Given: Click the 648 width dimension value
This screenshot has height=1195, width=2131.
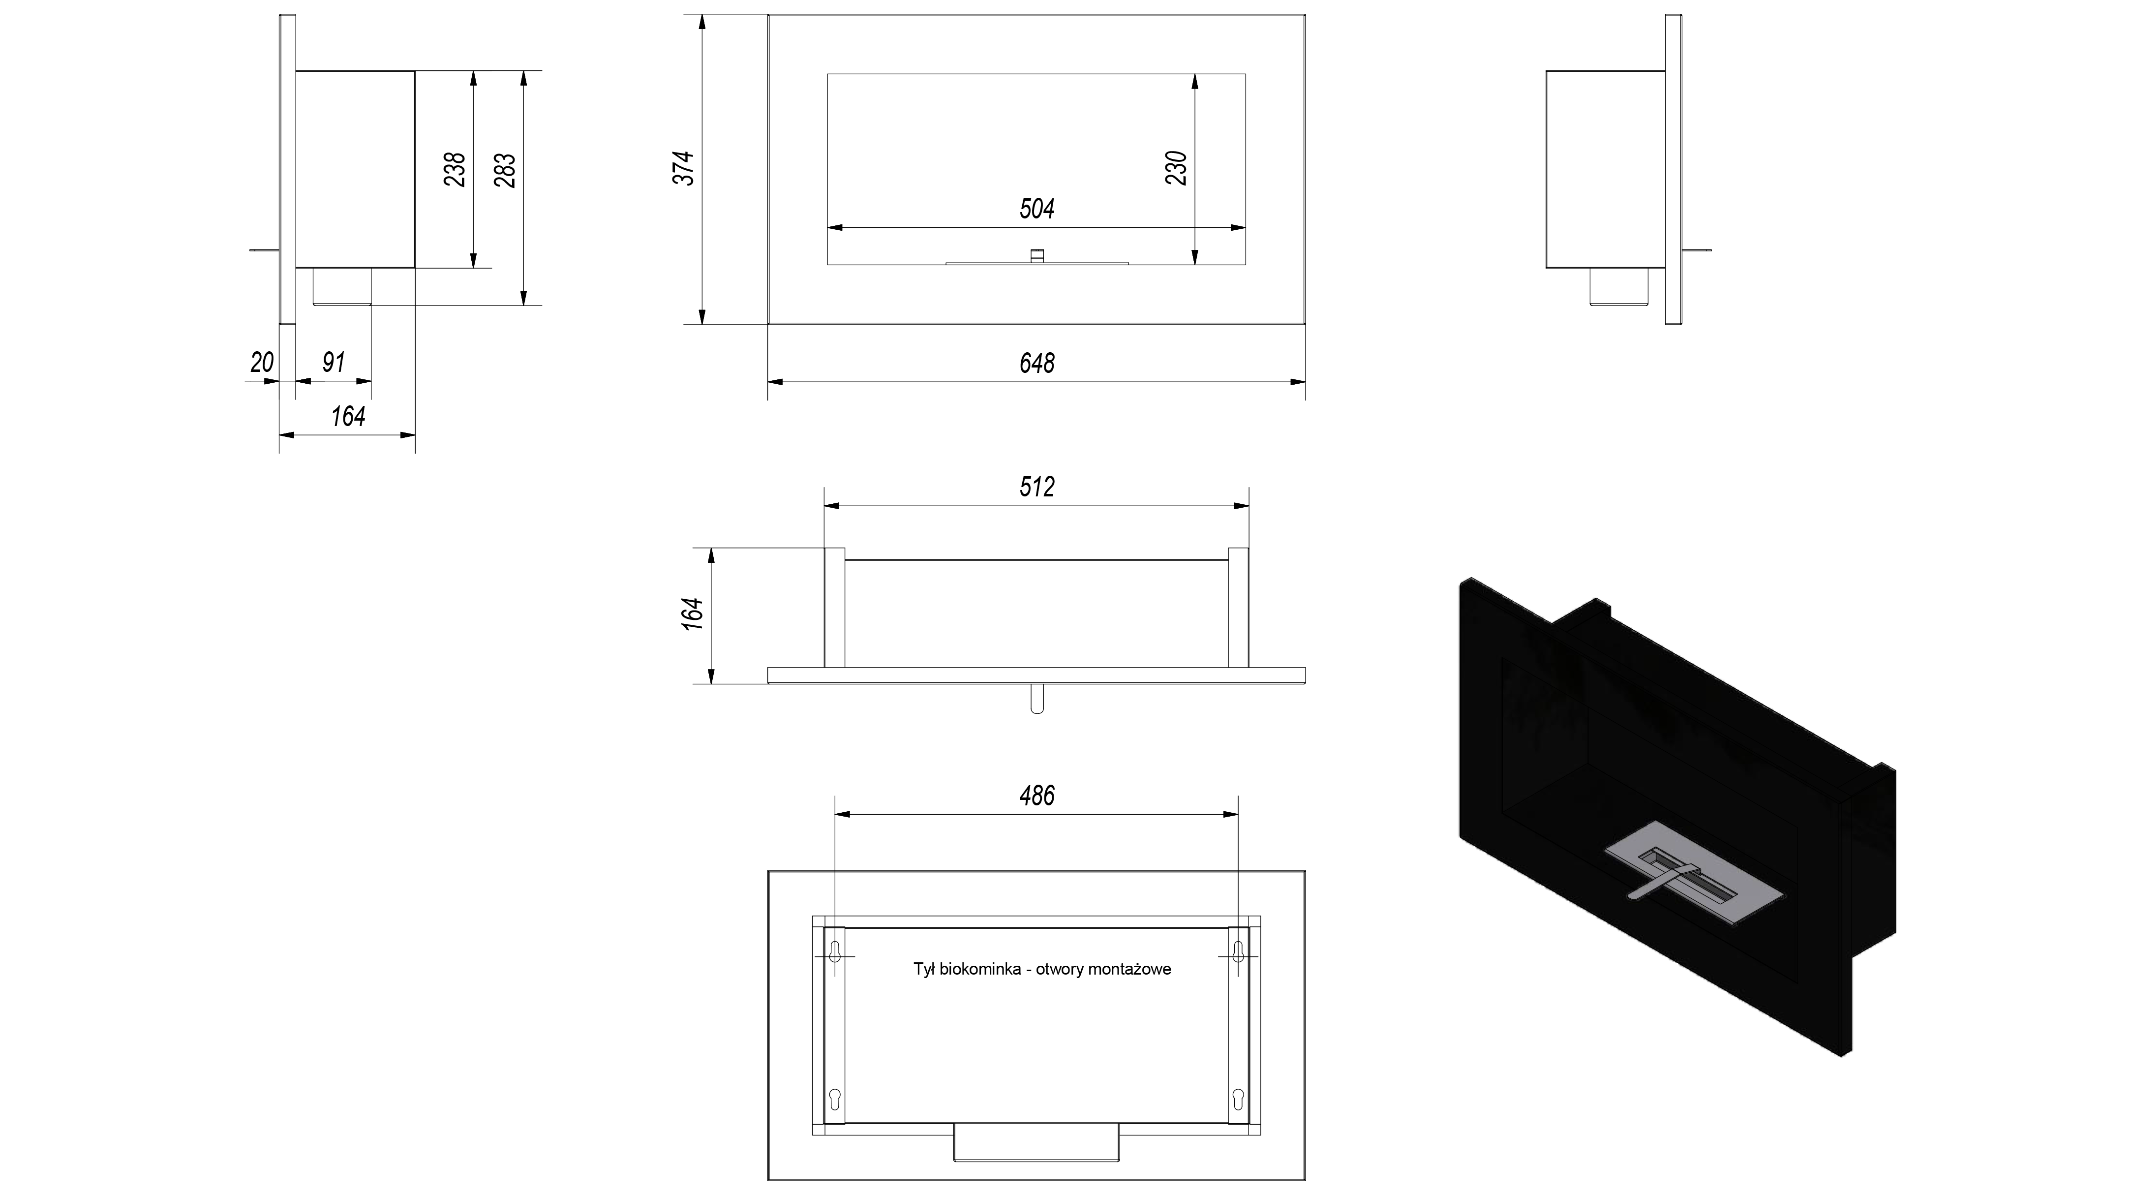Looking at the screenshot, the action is [x=1036, y=363].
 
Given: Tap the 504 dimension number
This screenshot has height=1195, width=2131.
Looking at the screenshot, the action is [x=1036, y=209].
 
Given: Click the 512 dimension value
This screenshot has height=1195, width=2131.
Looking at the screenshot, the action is [x=1036, y=487].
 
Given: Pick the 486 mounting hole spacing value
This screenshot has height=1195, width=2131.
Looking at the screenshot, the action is [x=1036, y=796].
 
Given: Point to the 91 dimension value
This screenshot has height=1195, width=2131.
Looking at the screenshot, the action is [x=334, y=363].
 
